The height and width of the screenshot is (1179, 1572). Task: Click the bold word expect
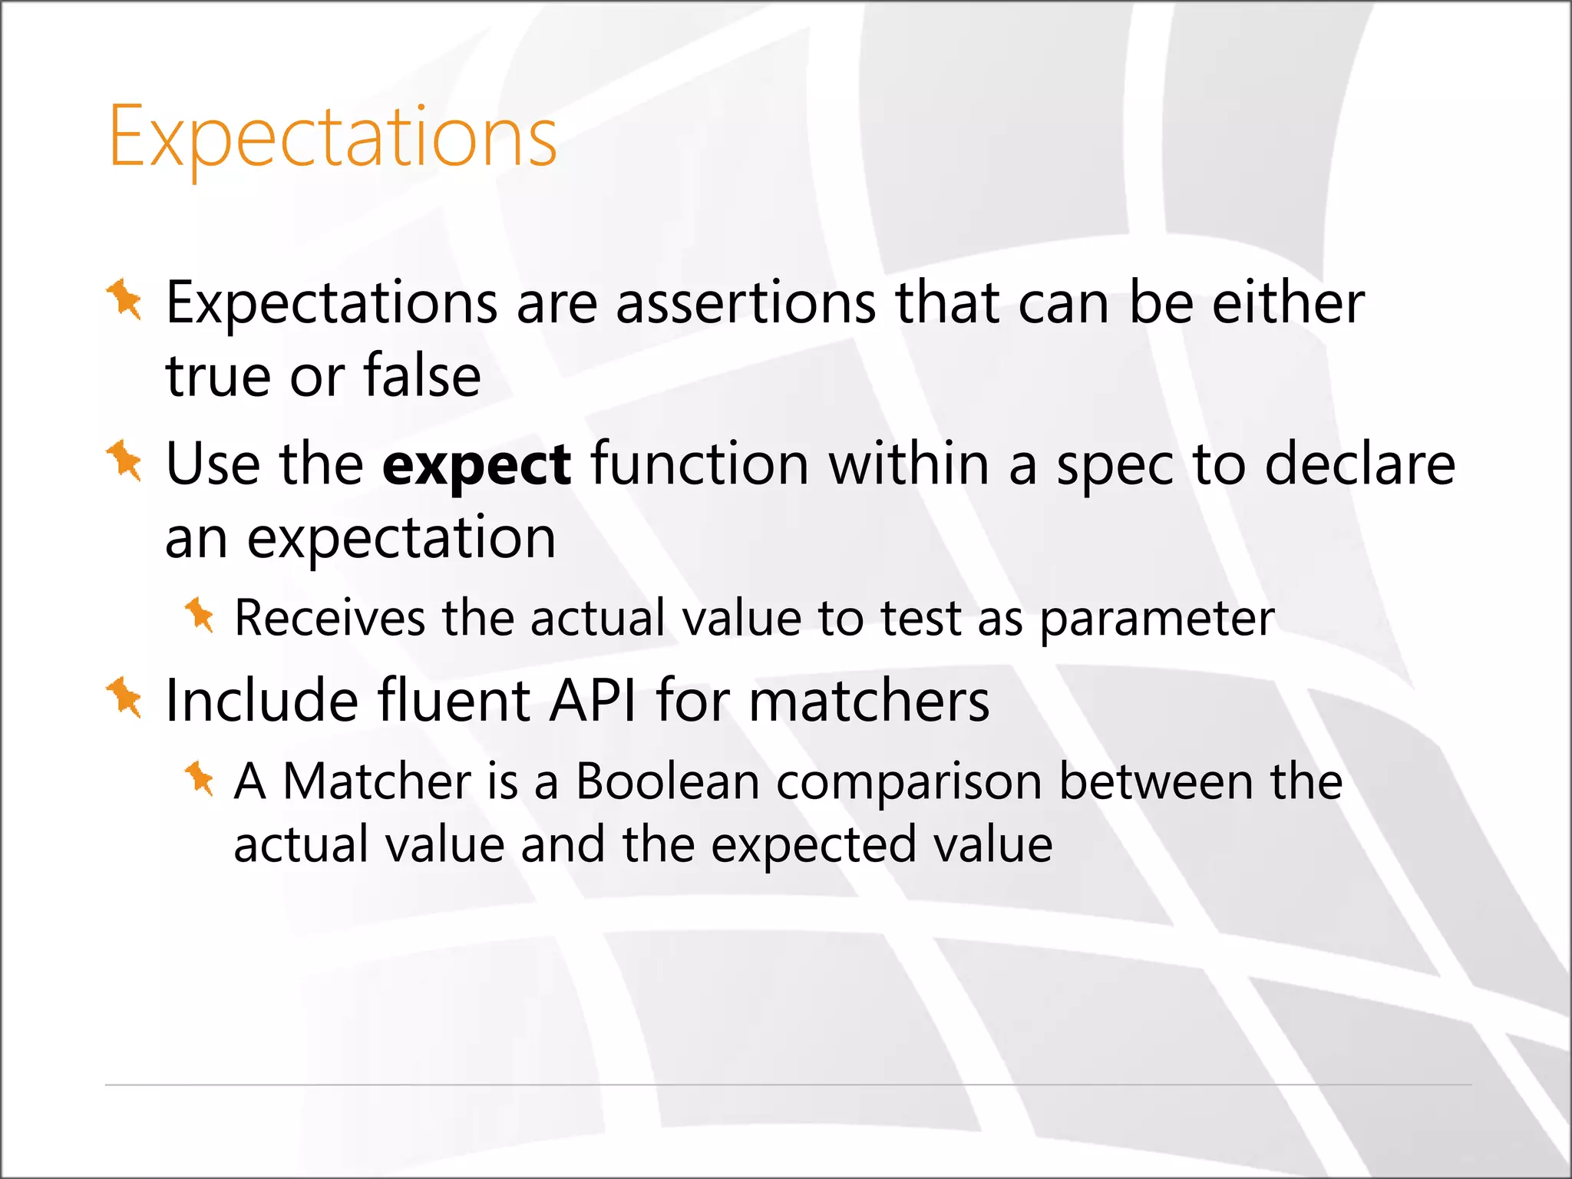coord(476,465)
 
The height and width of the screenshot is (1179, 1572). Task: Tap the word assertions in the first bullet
coord(745,302)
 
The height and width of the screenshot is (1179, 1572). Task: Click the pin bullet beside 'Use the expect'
coord(124,461)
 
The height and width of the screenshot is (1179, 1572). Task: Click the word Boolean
coord(667,781)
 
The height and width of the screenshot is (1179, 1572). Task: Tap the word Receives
coord(329,618)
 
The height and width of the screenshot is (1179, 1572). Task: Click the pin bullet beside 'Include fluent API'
coord(124,697)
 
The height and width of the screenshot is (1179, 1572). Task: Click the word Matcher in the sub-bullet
coord(376,781)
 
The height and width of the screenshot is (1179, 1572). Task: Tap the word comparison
coord(909,783)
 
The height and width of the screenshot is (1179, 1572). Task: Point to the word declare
coord(1359,465)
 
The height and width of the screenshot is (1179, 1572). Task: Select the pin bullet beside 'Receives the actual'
coord(200,615)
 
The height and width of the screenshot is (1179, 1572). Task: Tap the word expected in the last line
coord(813,846)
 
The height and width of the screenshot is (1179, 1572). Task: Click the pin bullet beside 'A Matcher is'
coord(200,778)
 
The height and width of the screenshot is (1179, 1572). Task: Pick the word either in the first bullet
coord(1288,302)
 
